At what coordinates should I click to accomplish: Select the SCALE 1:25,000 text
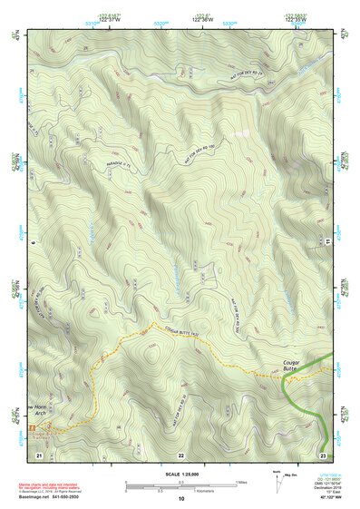[x=180, y=474]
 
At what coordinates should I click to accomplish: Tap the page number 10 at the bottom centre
[x=180, y=498]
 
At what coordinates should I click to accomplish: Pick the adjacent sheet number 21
[x=39, y=453]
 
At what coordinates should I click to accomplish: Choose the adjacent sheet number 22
[x=180, y=453]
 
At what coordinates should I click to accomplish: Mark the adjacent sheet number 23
[x=322, y=453]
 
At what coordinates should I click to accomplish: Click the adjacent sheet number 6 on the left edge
[x=31, y=242]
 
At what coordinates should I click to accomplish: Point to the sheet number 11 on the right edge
[x=329, y=242]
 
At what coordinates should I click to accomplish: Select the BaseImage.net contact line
[x=49, y=498]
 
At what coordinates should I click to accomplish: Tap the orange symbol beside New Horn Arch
[x=34, y=426]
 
